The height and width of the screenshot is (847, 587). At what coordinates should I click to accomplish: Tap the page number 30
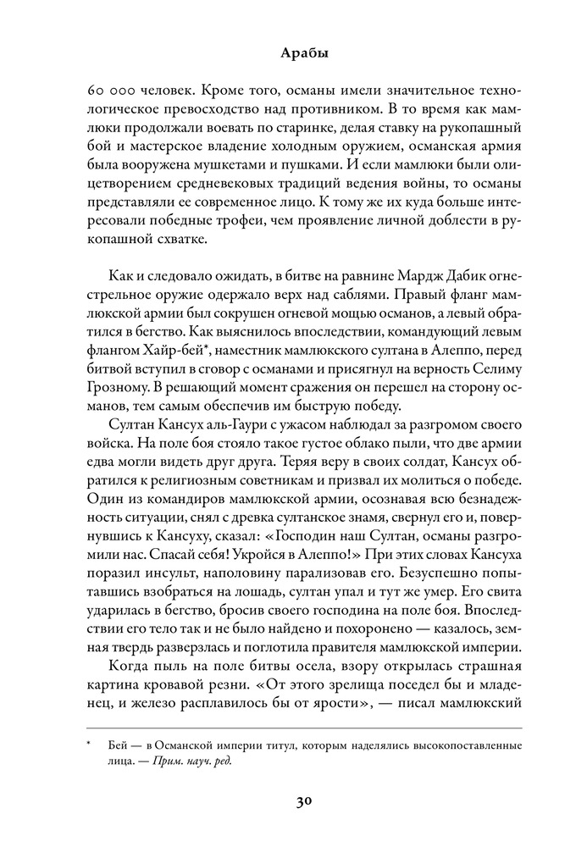[x=294, y=802]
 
